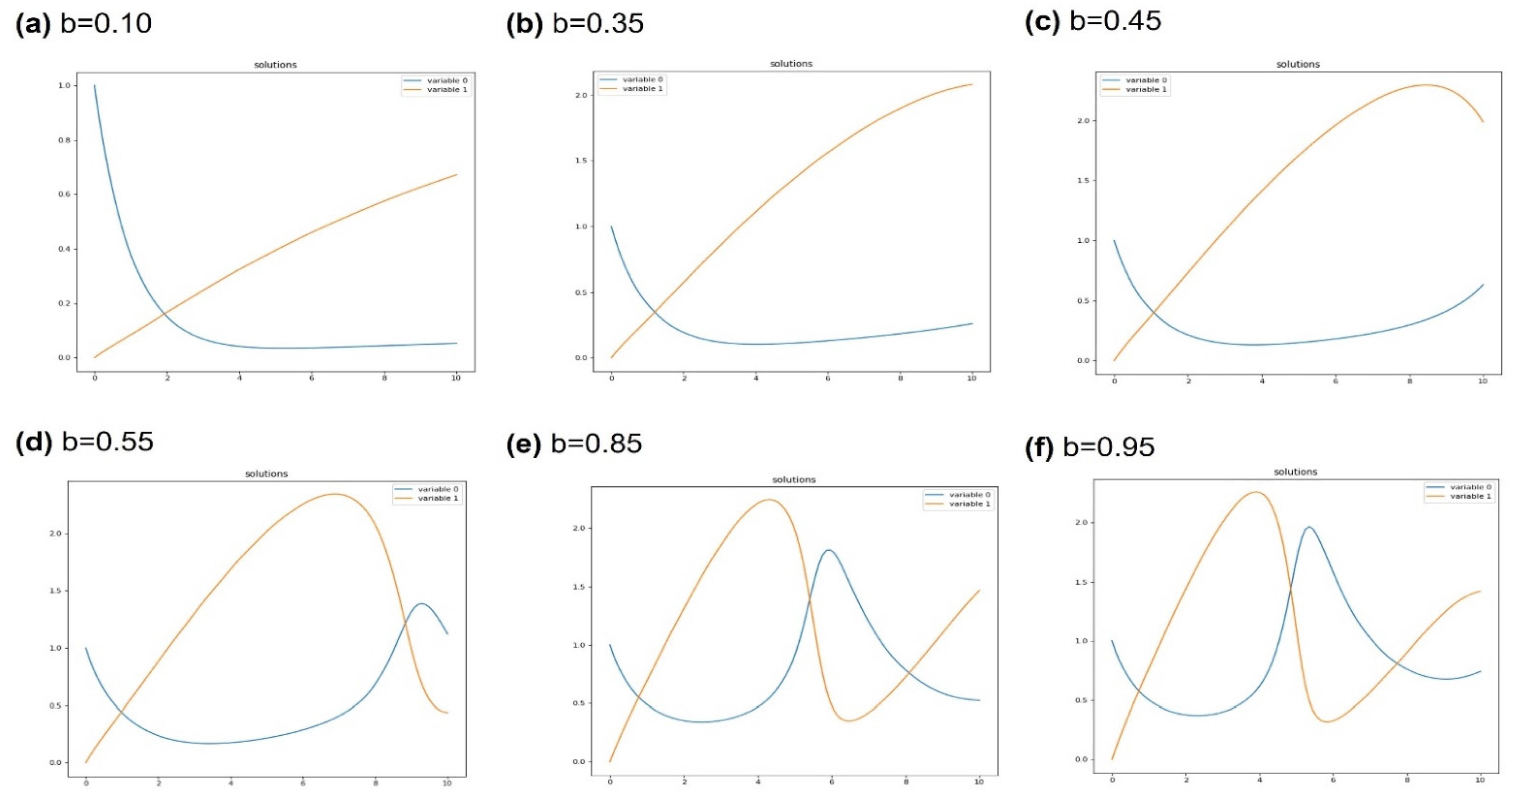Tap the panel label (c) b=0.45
point(1093,21)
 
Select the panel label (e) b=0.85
point(574,444)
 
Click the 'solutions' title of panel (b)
point(791,64)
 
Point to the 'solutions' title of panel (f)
point(1295,472)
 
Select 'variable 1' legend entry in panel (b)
point(642,89)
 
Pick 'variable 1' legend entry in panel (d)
point(438,498)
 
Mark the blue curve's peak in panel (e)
point(829,550)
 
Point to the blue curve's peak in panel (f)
point(1304,527)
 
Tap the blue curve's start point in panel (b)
point(611,227)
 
